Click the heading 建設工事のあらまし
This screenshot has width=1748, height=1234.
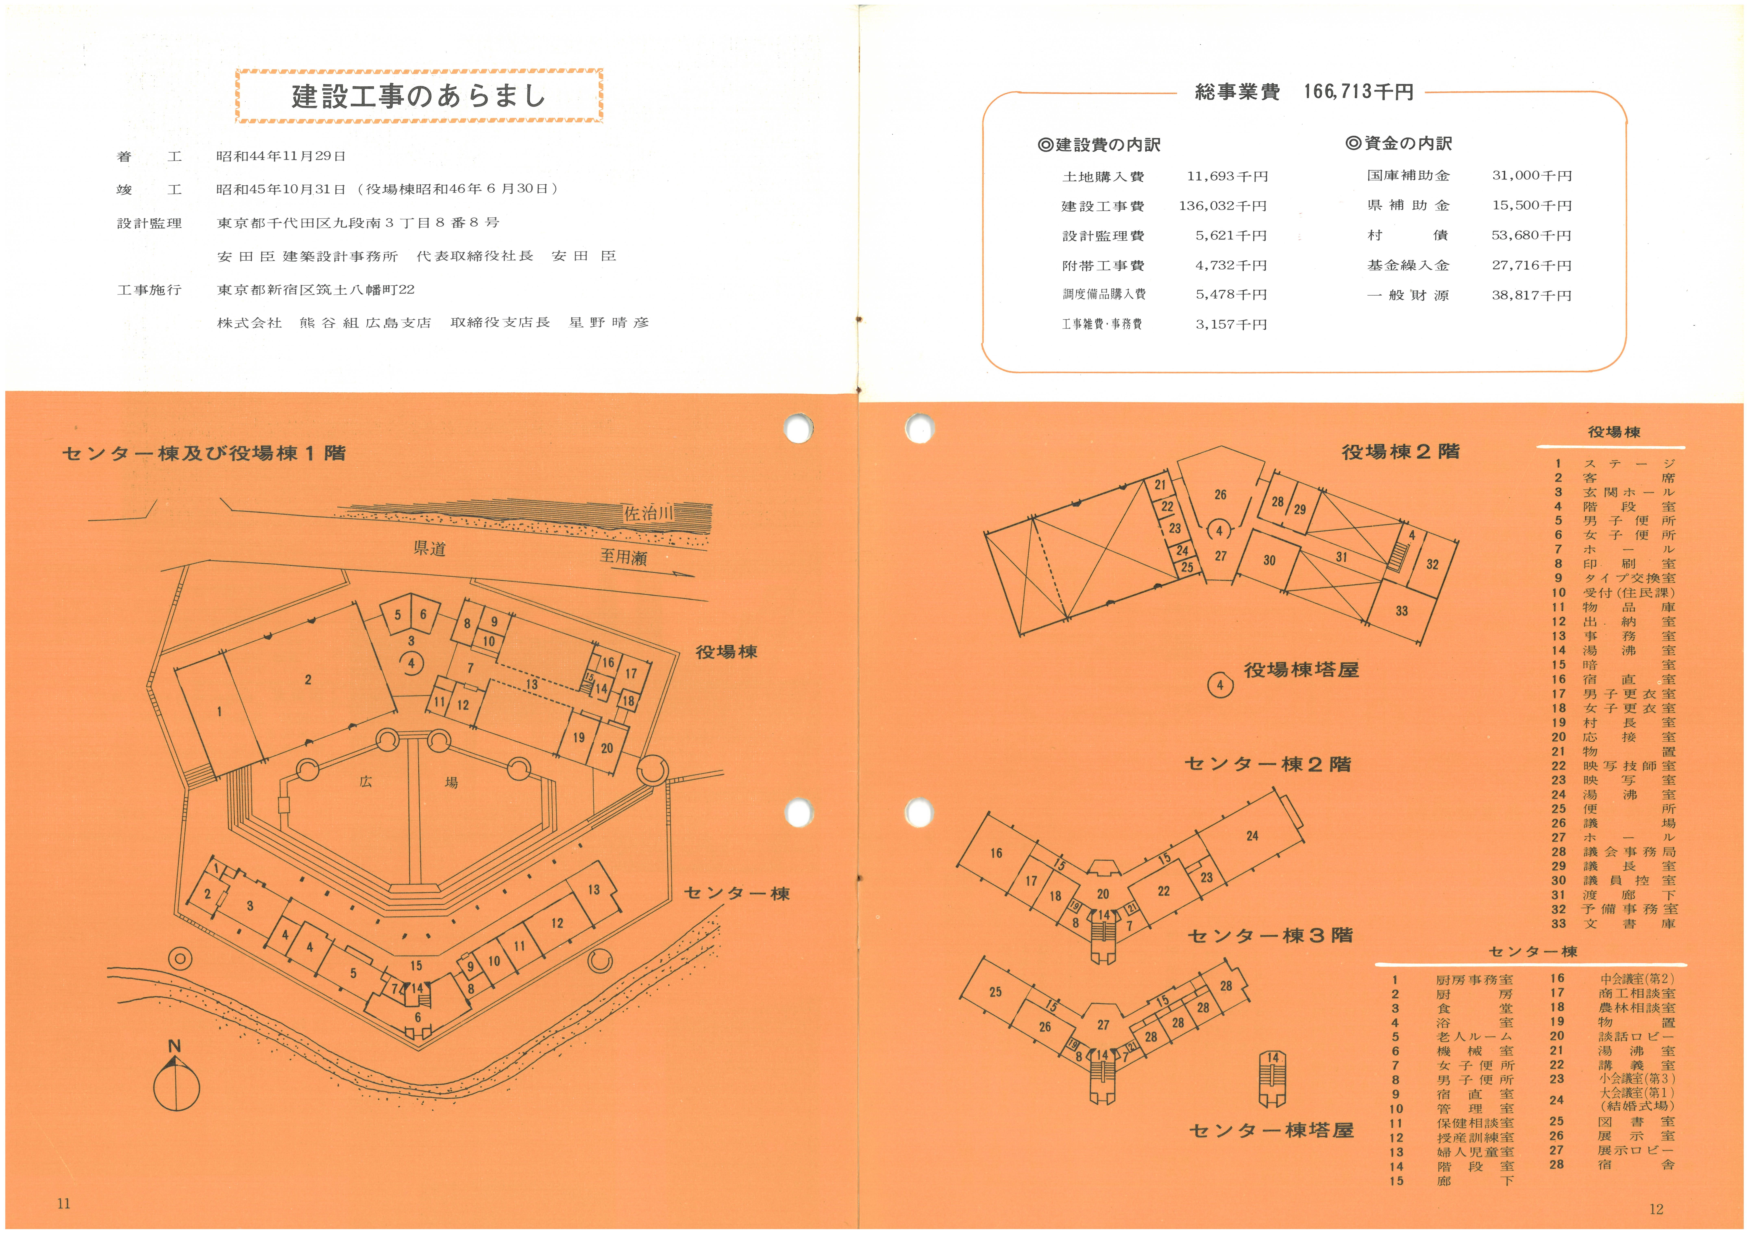point(419,96)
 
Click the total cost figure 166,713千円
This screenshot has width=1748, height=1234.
point(1358,92)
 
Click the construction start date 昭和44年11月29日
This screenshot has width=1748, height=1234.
point(281,156)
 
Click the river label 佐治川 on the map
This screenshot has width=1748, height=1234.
point(649,514)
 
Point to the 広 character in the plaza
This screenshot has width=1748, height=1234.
point(366,782)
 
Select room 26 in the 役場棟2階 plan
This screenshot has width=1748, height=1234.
point(1220,495)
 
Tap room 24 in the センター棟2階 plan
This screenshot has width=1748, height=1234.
point(1252,836)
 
